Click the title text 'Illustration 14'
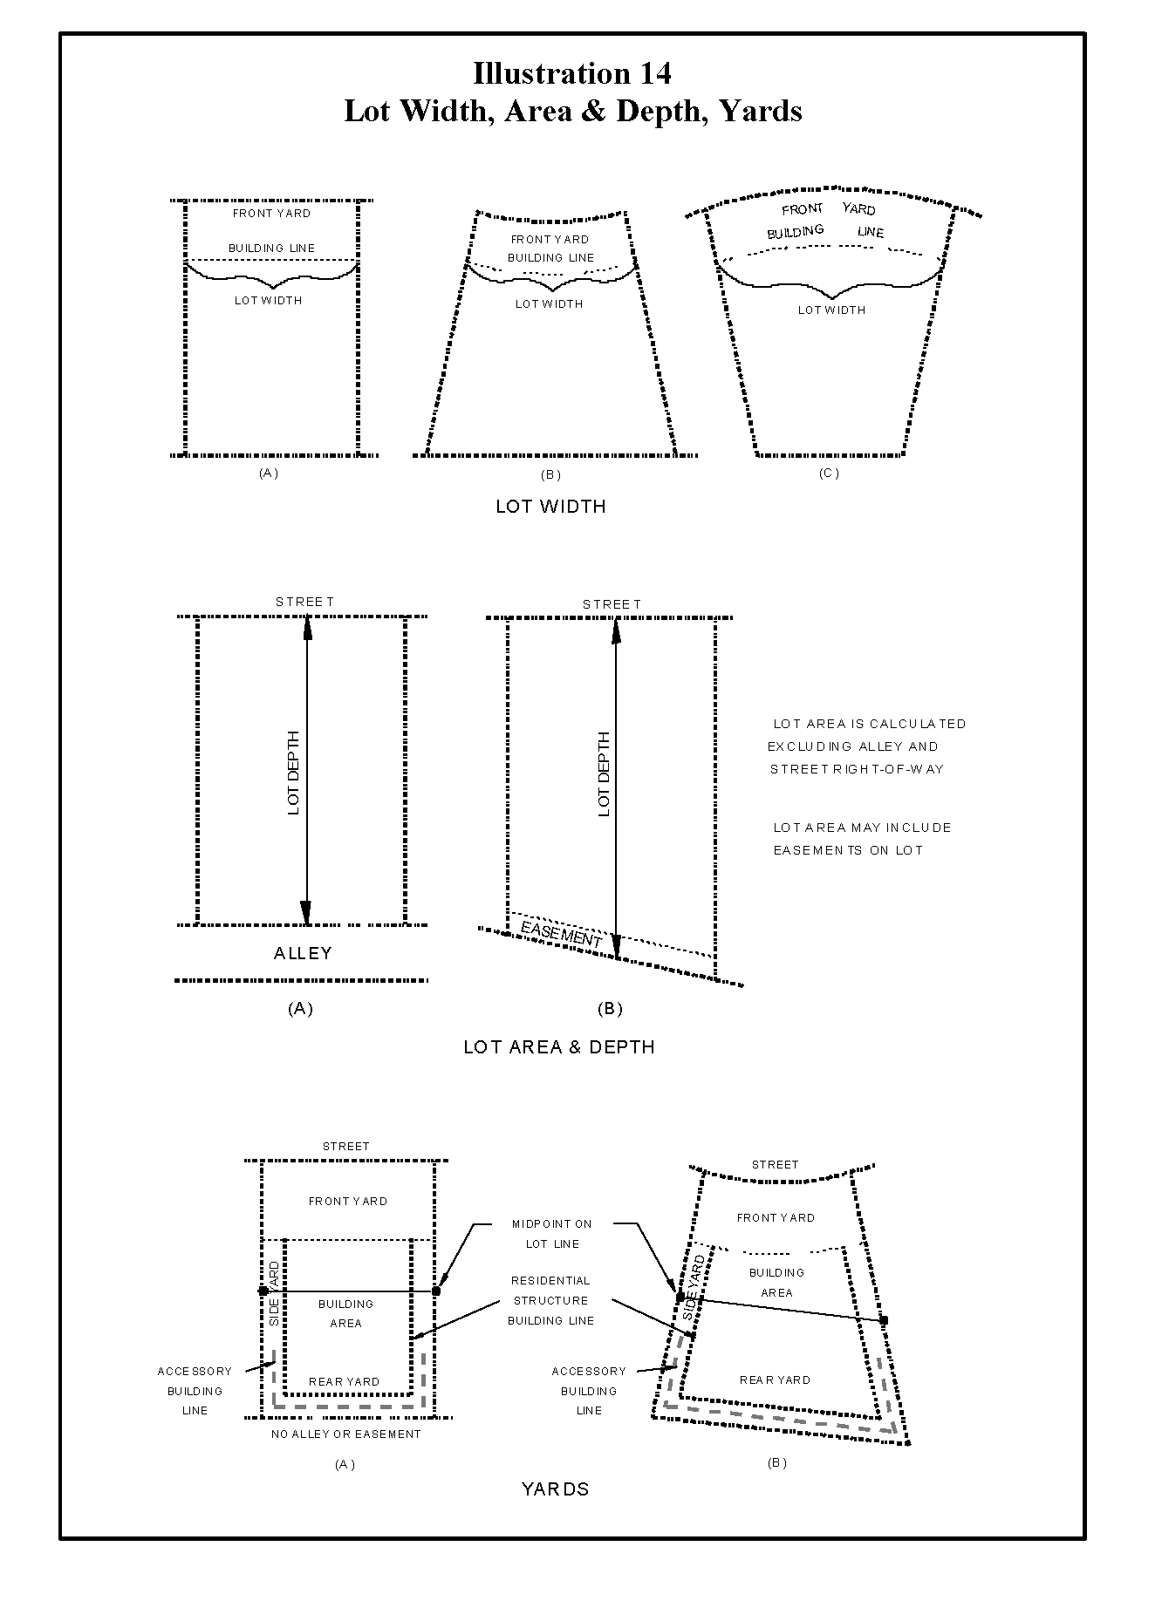click(572, 73)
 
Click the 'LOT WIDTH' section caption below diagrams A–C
click(550, 507)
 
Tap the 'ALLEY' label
click(303, 953)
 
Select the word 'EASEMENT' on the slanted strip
click(561, 933)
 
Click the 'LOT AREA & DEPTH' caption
click(559, 1046)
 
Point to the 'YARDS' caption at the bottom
click(556, 1489)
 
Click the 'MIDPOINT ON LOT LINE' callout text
click(551, 1234)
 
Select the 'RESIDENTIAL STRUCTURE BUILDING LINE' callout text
click(550, 1300)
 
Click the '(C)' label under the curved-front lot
click(829, 473)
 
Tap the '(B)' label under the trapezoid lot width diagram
click(550, 474)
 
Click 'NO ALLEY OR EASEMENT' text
click(346, 1434)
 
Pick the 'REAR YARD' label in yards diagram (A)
click(344, 1381)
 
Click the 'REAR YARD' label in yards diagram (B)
click(775, 1380)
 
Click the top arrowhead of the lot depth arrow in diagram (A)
click(307, 626)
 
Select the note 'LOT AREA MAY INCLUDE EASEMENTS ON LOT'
click(862, 839)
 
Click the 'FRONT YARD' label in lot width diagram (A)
click(271, 213)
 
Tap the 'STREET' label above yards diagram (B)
click(775, 1164)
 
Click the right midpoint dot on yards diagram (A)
click(436, 1291)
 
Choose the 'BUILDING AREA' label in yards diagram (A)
click(345, 1313)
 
